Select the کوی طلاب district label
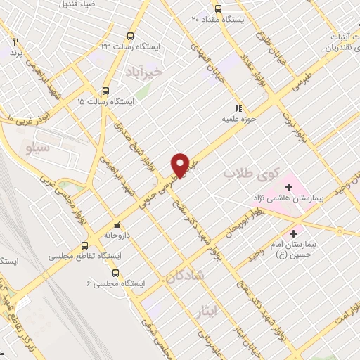[252, 172]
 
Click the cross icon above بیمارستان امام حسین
[294, 231]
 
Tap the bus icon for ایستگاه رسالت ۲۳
[130, 35]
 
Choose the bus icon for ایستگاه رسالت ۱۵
[106, 91]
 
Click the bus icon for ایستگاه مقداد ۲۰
[218, 9]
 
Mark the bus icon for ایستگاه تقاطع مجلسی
[85, 246]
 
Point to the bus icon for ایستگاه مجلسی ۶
[115, 273]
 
